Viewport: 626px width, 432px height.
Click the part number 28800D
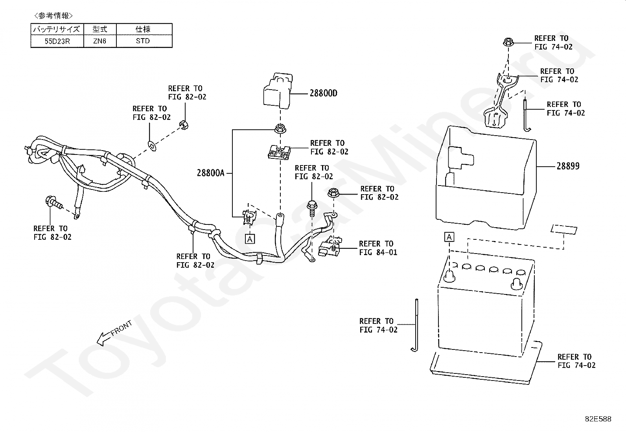coord(323,93)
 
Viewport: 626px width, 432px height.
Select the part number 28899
coord(568,166)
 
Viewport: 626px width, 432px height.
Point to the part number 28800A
coord(210,173)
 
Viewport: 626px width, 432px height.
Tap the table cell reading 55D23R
coord(57,41)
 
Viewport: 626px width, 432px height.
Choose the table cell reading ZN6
coord(100,41)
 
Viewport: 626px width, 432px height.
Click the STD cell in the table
coord(143,41)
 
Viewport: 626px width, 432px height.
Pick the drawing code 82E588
coord(598,419)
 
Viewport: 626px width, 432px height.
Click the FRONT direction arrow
coord(114,333)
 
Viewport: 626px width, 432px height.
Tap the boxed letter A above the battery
coord(449,237)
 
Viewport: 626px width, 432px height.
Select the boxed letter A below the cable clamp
coord(250,239)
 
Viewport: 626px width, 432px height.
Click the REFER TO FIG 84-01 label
coord(378,248)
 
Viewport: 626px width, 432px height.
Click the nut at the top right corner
coord(508,42)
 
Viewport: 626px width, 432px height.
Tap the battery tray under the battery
coord(486,363)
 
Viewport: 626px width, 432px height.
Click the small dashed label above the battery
coord(564,230)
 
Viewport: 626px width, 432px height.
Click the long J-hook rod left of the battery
coord(416,325)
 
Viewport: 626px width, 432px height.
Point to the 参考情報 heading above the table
coord(53,15)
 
